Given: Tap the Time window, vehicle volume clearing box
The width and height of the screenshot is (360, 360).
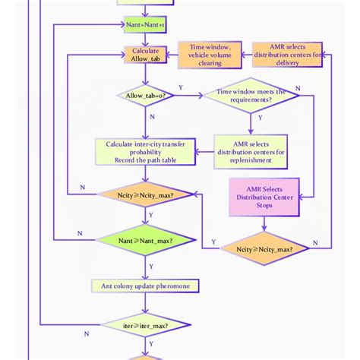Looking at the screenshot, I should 210,55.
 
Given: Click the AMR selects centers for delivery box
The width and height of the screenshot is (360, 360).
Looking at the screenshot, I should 287,55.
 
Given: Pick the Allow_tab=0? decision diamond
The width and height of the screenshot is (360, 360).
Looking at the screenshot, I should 145,96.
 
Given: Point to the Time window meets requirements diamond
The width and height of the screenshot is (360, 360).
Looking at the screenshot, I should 251,96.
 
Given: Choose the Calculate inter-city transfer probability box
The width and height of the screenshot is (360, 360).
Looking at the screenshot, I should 145,151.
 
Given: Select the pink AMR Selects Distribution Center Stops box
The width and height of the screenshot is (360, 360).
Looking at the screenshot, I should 264,197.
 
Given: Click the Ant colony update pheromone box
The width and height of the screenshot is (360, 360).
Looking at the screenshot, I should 145,286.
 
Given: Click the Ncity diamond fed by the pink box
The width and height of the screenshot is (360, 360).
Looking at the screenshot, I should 264,248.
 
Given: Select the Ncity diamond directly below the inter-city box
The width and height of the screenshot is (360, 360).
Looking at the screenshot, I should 145,195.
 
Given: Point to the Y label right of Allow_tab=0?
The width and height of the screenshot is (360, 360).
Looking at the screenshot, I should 181,87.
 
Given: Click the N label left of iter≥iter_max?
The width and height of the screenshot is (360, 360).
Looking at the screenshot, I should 87,333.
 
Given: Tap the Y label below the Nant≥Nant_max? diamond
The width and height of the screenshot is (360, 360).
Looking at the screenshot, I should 151,266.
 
